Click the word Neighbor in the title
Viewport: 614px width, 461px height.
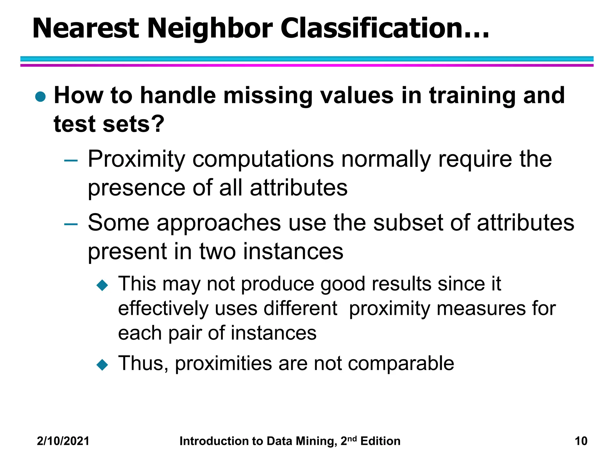[x=210, y=29]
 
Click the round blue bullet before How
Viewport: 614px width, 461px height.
[x=40, y=97]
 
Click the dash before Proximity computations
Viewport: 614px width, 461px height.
[x=71, y=161]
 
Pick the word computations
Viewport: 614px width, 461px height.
[x=263, y=159]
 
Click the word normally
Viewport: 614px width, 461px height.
[x=386, y=159]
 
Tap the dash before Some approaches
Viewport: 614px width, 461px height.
[x=71, y=224]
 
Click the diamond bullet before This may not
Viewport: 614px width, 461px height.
[x=102, y=285]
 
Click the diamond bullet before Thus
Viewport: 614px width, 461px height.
[x=102, y=365]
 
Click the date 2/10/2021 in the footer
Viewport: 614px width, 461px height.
[x=63, y=441]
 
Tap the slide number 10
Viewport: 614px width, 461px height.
[x=581, y=441]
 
